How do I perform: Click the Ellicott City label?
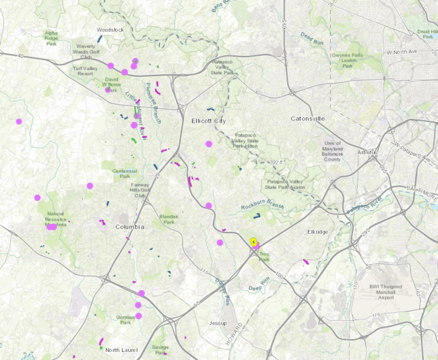208,121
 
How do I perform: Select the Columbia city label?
129,227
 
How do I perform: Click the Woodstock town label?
110,30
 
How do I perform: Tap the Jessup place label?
218,323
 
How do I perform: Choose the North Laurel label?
121,350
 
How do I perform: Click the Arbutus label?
367,152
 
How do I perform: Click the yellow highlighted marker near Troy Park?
253,241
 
